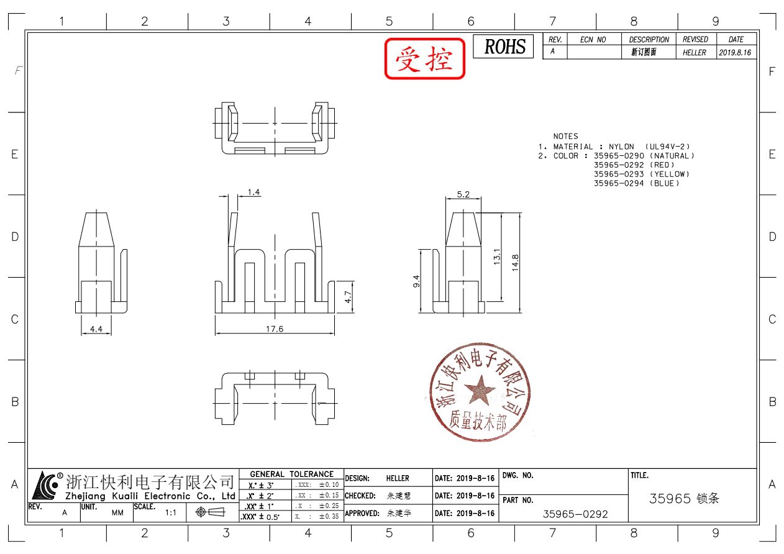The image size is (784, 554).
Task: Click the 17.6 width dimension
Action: point(275,329)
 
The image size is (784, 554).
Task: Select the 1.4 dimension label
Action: point(253,192)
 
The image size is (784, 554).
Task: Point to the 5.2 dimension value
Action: point(463,194)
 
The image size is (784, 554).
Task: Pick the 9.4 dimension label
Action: point(416,281)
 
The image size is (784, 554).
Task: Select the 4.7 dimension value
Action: point(349,297)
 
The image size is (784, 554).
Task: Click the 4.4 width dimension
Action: point(96,329)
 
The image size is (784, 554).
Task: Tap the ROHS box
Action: point(504,47)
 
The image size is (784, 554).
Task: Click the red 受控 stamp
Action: point(425,59)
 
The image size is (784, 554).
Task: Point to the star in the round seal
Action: point(480,391)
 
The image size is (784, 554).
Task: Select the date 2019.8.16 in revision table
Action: point(736,53)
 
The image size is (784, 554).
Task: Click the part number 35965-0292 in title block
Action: point(575,514)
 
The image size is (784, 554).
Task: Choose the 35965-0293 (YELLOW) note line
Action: point(641,175)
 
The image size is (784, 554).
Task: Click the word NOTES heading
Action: point(565,136)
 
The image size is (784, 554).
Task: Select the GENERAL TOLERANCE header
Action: point(291,474)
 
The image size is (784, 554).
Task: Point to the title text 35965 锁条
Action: point(683,499)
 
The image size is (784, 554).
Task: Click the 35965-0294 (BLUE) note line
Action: point(637,183)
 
